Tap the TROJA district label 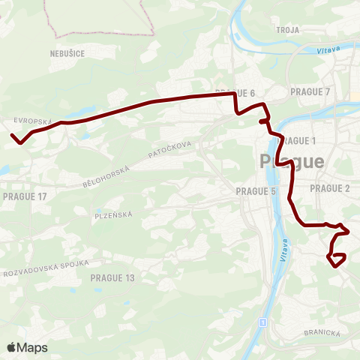point(288,30)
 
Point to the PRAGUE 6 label point(235,93)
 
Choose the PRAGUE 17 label point(25,196)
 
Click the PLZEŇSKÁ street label point(114,214)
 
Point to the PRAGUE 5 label point(256,191)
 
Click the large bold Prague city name point(292,160)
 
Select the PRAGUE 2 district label point(331,188)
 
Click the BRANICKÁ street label point(323,332)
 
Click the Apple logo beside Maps point(12,347)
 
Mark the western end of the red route point(12,135)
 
